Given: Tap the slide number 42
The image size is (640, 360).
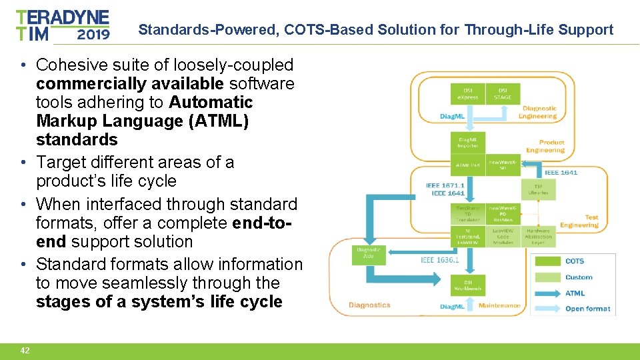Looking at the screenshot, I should (x=25, y=351).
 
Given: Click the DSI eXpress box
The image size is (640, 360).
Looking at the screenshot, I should (x=468, y=93).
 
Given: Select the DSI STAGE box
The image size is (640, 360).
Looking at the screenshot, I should (x=503, y=93).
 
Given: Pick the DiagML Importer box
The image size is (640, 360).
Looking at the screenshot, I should (x=468, y=142).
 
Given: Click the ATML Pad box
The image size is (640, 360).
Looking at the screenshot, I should (x=468, y=165).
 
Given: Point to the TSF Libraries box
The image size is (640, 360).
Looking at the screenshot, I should (x=538, y=189).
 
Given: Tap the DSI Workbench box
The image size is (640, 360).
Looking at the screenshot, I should (x=468, y=285).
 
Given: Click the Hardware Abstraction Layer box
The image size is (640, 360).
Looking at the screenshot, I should (x=538, y=237).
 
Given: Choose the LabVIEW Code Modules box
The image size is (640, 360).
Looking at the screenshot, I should (x=503, y=237).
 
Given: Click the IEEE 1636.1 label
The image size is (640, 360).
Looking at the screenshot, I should (x=439, y=260).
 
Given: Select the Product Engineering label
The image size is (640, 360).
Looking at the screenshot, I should (x=551, y=146).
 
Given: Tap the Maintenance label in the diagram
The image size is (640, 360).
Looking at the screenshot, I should (x=499, y=305).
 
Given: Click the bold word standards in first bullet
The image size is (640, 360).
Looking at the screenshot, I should (x=77, y=140).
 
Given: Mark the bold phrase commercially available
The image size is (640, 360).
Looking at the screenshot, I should (x=130, y=84).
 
